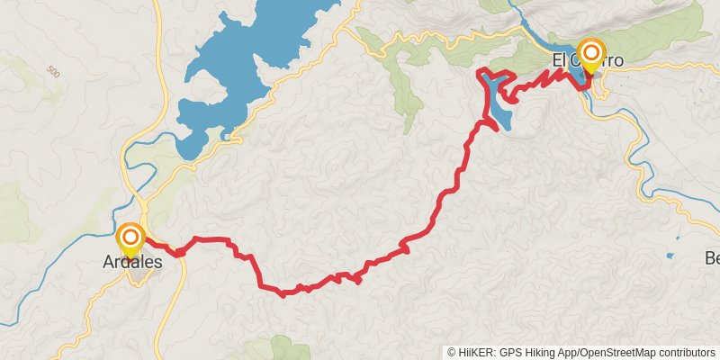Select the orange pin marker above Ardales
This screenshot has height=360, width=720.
click(131, 238)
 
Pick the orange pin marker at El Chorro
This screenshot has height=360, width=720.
click(591, 52)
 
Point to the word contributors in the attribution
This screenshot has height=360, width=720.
click(685, 353)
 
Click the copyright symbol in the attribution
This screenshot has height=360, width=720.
click(451, 353)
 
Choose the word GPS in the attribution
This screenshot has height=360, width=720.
click(508, 353)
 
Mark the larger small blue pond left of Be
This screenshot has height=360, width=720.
click(669, 256)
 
